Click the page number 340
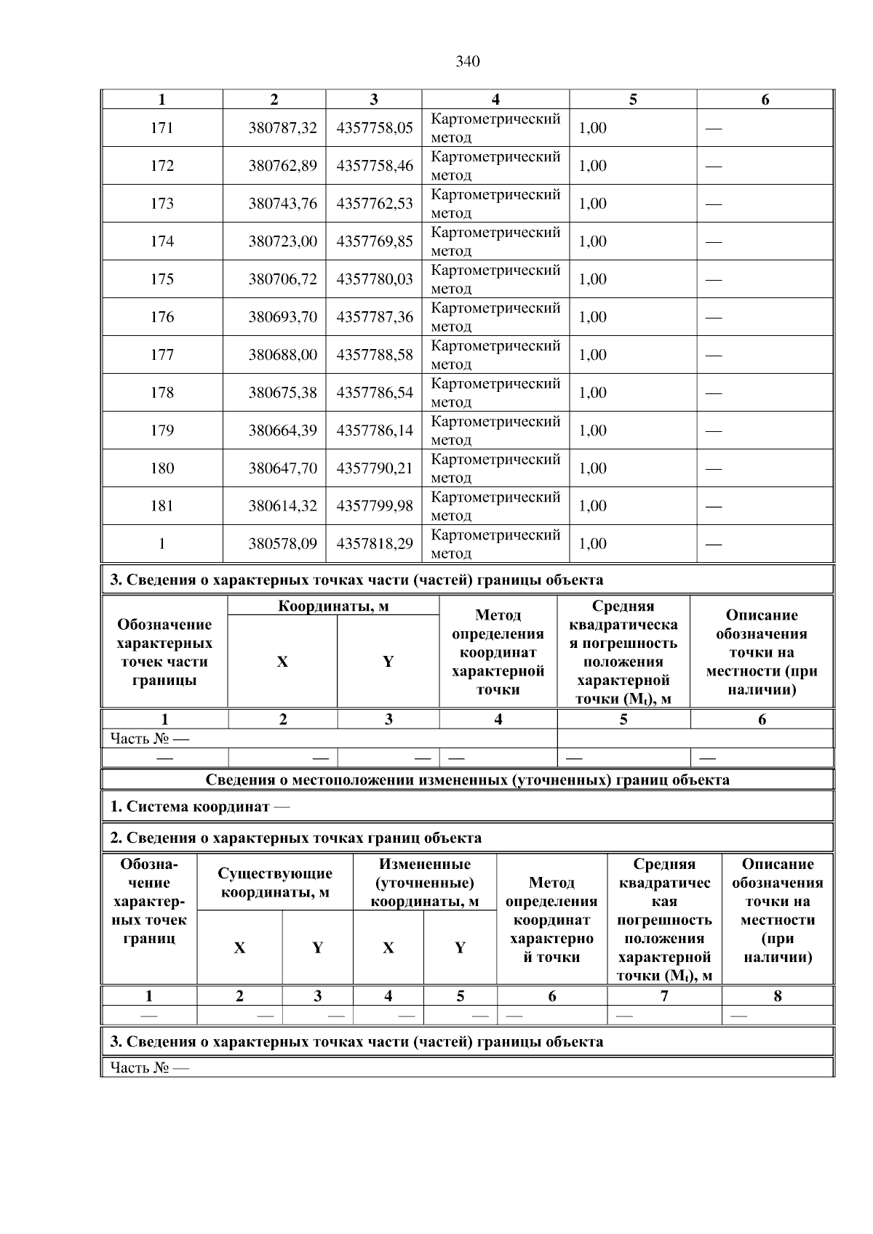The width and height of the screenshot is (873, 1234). click(x=467, y=62)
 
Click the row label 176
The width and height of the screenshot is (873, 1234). click(x=162, y=317)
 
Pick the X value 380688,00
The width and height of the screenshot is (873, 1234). click(x=282, y=355)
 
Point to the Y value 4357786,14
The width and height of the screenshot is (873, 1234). click(x=374, y=430)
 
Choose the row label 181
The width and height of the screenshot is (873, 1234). click(x=162, y=506)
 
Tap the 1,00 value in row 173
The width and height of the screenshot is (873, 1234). click(x=592, y=204)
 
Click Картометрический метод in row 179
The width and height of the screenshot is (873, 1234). click(x=495, y=430)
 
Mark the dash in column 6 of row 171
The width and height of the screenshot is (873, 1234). click(x=714, y=129)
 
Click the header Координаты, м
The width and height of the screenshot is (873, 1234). click(x=333, y=606)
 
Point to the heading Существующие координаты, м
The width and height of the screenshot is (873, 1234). click(x=275, y=883)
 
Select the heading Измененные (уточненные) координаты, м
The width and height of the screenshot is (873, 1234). click(x=425, y=883)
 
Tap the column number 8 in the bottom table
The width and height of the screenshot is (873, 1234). click(x=777, y=996)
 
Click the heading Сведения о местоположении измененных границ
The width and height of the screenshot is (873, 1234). click(x=467, y=780)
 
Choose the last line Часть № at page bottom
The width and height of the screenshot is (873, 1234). click(x=149, y=1067)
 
